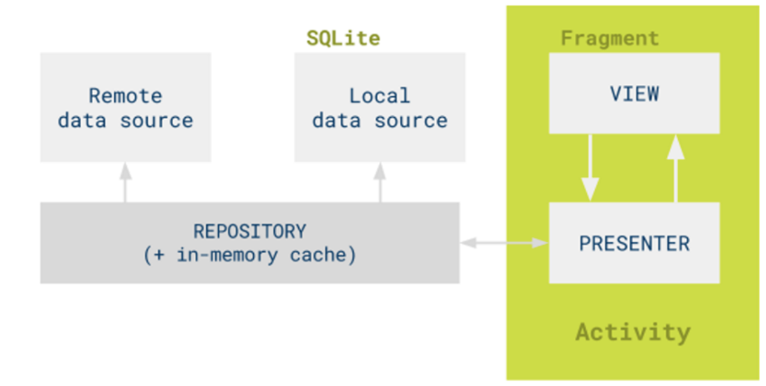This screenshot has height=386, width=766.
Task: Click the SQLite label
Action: point(343,38)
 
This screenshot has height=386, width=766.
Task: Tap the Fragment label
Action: point(610,38)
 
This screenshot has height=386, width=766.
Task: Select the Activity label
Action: point(633,332)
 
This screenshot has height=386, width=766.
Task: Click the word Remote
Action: point(126,96)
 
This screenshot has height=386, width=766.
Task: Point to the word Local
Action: point(379,96)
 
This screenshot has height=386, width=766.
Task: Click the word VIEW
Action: point(634,93)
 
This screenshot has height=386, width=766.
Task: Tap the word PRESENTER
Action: point(634,244)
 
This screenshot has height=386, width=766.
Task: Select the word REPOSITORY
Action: point(250,231)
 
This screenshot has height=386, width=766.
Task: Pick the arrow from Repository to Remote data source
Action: point(126,182)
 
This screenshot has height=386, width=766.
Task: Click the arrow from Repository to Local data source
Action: point(380,182)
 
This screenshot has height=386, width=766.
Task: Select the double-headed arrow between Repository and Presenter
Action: point(504,243)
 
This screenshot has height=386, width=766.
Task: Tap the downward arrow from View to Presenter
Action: point(590,168)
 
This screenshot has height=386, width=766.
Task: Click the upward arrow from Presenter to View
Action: point(676,168)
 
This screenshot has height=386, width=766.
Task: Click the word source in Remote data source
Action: point(156,121)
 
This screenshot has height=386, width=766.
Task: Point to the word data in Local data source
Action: point(337,120)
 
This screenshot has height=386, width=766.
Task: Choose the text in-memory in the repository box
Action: point(227,255)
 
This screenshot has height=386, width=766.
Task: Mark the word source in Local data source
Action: point(411,121)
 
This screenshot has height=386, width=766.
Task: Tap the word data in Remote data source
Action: point(82,120)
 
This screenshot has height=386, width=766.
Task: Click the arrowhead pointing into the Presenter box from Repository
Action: point(541,243)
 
